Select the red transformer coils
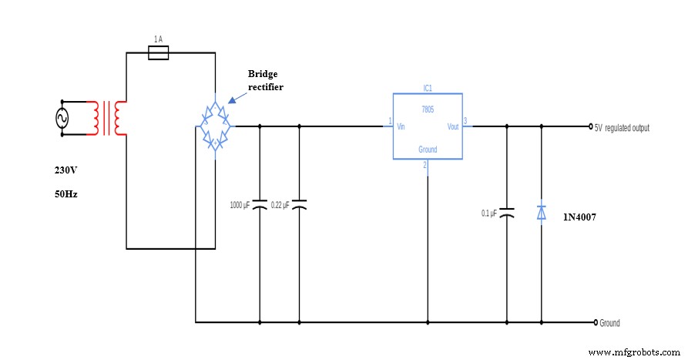click(107, 118)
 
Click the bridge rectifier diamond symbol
click(215, 126)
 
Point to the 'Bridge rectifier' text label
click(266, 80)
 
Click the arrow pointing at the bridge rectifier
click(236, 96)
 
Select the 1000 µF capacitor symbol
click(260, 205)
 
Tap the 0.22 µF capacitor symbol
click(299, 205)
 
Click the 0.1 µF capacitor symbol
click(506, 212)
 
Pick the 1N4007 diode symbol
click(542, 212)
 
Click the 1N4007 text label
click(580, 217)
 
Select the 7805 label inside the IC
click(428, 110)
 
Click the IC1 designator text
click(428, 88)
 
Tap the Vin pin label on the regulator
click(401, 126)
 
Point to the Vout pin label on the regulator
click(452, 126)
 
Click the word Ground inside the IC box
click(428, 149)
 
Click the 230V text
click(65, 170)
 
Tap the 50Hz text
click(65, 194)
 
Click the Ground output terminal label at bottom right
click(609, 323)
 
